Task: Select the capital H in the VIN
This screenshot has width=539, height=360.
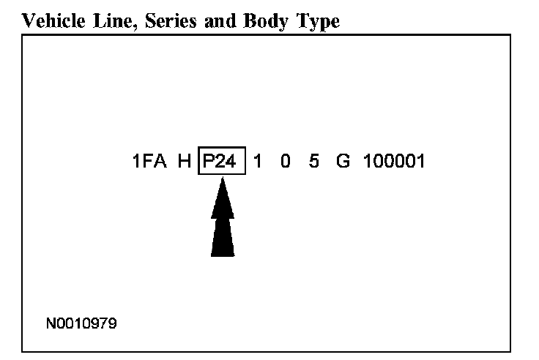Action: point(185,162)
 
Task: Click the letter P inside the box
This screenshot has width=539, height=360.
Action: point(209,162)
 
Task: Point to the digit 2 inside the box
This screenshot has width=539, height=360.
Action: point(220,162)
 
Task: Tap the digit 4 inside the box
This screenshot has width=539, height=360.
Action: point(231,162)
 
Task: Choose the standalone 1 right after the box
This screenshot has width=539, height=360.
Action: point(257,162)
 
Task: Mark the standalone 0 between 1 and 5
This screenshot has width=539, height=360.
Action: point(285,162)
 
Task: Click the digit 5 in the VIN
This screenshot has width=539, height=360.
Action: point(313,162)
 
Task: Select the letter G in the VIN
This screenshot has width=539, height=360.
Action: point(343,162)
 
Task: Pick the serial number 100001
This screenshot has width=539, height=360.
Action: point(393,162)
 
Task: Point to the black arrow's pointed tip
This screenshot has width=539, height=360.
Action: point(223,181)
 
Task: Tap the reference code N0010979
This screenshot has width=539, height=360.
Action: point(81,321)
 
